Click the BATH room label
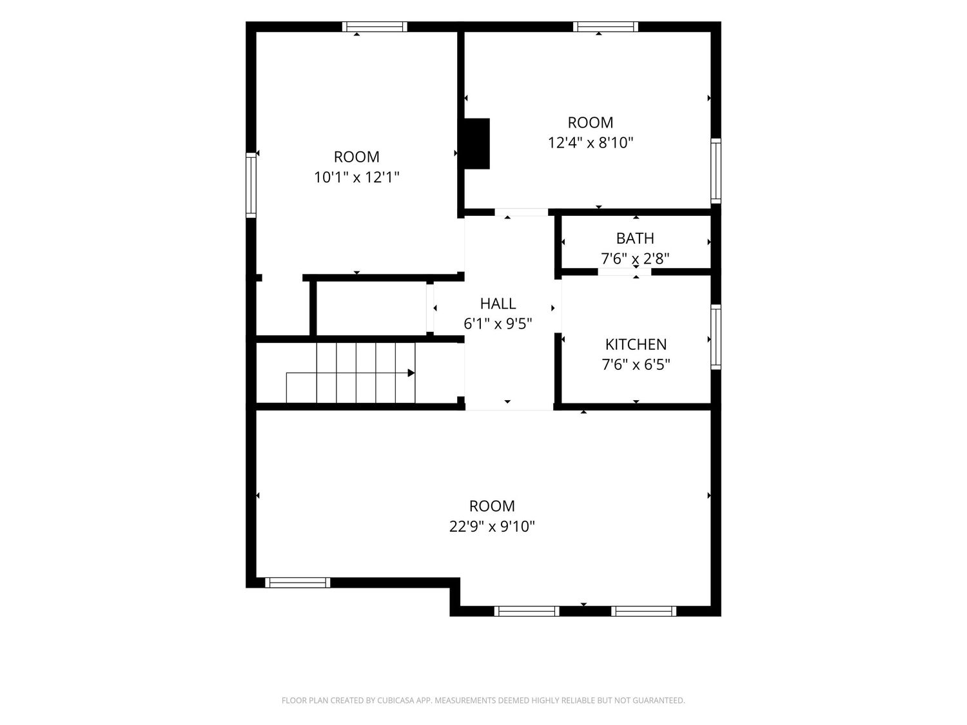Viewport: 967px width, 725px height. click(x=635, y=238)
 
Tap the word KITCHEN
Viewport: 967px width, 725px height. click(x=636, y=344)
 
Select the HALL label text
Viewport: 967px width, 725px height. click(x=498, y=304)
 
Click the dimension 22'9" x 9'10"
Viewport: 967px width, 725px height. click(x=492, y=526)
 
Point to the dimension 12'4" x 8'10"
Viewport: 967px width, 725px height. click(x=591, y=142)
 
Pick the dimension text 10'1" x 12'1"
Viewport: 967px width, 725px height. click(x=357, y=177)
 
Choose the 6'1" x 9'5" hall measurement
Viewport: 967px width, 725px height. click(x=498, y=324)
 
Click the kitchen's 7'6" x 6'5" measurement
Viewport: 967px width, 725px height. click(x=636, y=365)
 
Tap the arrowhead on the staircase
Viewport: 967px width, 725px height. click(x=411, y=373)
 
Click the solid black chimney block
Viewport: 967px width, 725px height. click(x=476, y=144)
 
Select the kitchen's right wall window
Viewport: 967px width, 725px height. click(x=716, y=337)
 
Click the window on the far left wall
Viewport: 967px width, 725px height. click(x=251, y=185)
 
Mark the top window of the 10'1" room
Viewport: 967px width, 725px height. click(x=375, y=26)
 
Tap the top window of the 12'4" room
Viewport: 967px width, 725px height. click(x=605, y=26)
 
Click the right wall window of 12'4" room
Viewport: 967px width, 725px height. click(x=716, y=171)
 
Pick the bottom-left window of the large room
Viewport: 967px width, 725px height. click(x=297, y=583)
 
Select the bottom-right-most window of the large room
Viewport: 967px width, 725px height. click(x=643, y=611)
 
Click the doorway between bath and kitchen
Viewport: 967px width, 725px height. click(x=624, y=272)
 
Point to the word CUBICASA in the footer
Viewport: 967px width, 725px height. click(x=393, y=701)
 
